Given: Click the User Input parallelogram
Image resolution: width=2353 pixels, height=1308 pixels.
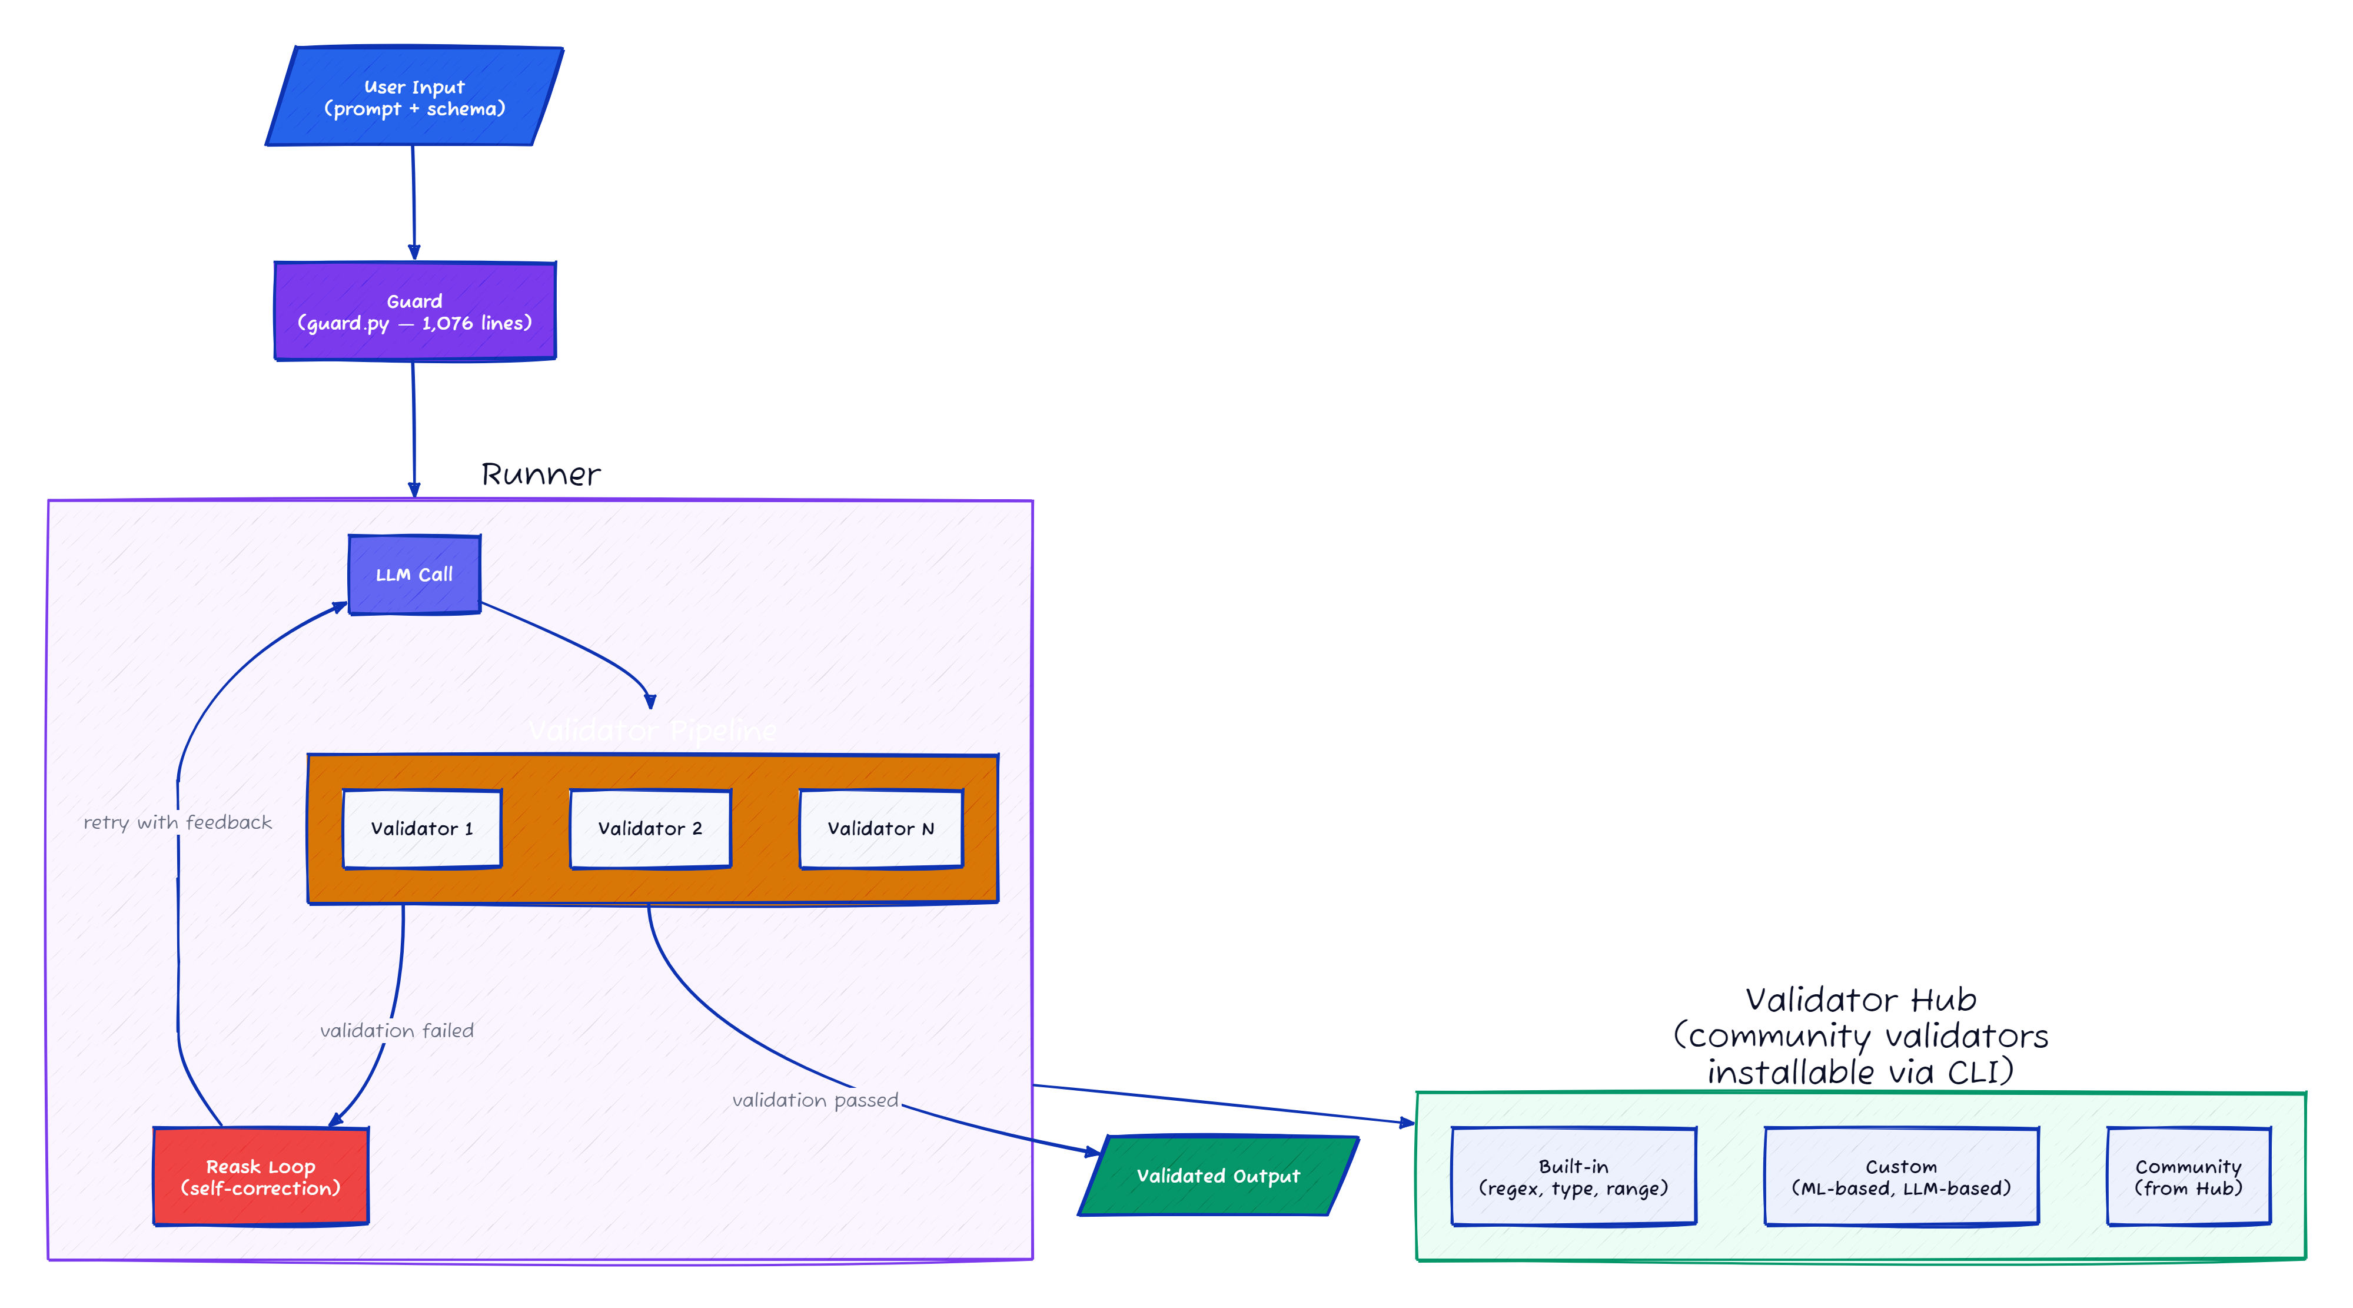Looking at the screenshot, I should [414, 97].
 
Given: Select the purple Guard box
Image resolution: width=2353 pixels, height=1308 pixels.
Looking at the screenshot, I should [415, 311].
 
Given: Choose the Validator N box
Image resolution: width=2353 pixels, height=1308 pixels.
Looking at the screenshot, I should [880, 828].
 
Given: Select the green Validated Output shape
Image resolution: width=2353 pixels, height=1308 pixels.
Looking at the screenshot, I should [1218, 1176].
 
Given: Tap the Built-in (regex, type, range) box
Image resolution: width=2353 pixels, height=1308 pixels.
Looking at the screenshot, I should [1573, 1177].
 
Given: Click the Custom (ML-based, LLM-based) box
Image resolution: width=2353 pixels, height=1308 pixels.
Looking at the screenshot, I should [1901, 1177].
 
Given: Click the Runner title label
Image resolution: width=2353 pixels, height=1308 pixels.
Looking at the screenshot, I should [541, 474].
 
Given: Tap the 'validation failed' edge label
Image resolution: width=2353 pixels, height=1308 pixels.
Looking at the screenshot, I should [397, 1030].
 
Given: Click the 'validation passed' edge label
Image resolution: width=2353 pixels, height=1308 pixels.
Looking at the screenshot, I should [815, 1100].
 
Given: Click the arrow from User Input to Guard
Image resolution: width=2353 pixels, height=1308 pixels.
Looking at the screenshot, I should [413, 201].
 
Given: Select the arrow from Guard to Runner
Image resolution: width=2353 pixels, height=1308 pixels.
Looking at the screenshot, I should [414, 429].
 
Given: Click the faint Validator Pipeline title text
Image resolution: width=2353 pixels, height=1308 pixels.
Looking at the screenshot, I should [652, 731].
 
